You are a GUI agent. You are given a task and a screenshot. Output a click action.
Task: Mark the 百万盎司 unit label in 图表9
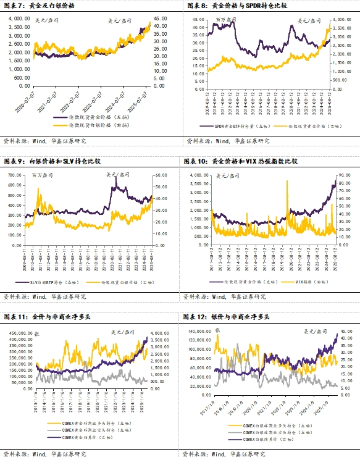coord(43,177)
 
